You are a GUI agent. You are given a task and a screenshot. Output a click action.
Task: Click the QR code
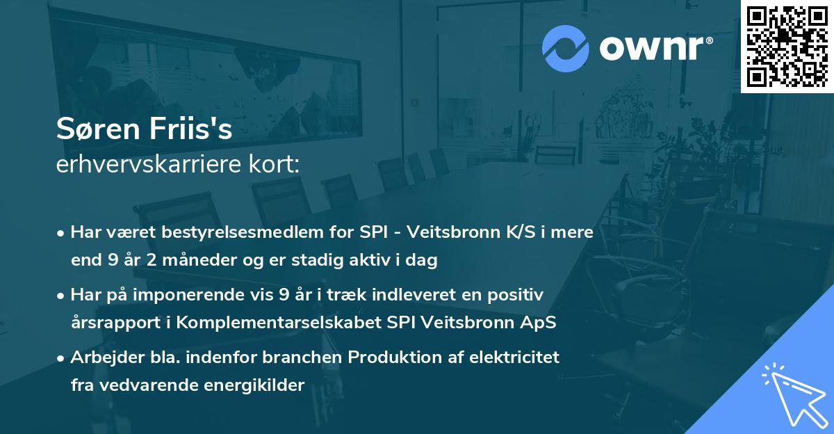787,46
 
